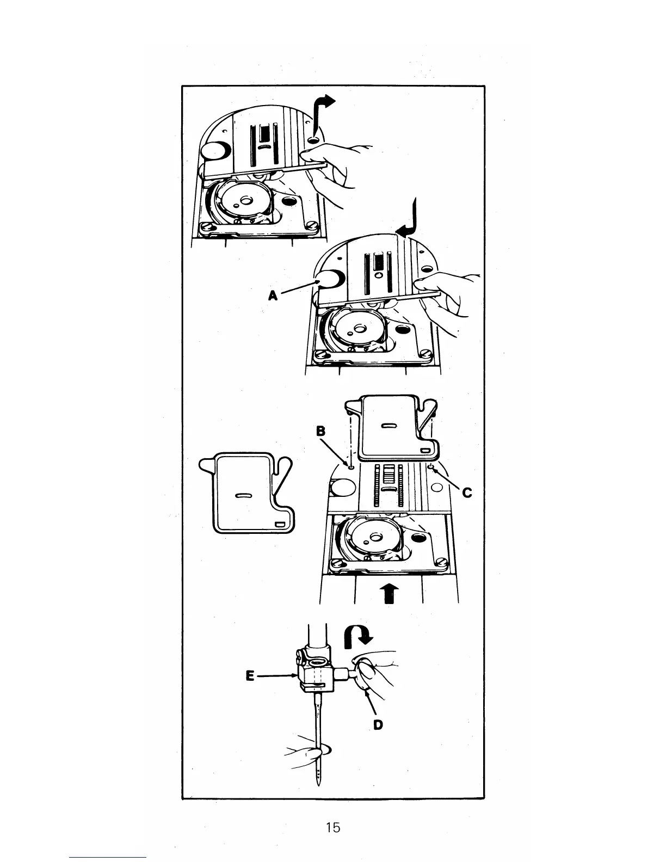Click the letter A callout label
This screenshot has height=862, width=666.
pos(273,295)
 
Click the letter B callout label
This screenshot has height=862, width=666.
pos(321,431)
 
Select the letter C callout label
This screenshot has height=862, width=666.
pos(467,493)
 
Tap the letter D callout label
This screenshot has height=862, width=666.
pos(378,724)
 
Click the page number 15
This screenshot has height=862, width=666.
pos(332,828)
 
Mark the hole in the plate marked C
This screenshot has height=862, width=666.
pos(431,467)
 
